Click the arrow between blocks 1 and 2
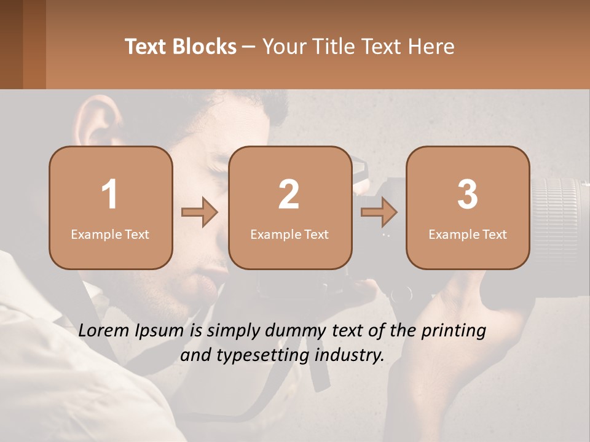(x=200, y=212)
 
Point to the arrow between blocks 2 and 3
(x=379, y=212)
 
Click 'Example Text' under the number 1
(x=110, y=234)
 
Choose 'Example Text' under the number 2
(x=289, y=234)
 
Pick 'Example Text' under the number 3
(x=468, y=234)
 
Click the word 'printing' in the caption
(x=454, y=331)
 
